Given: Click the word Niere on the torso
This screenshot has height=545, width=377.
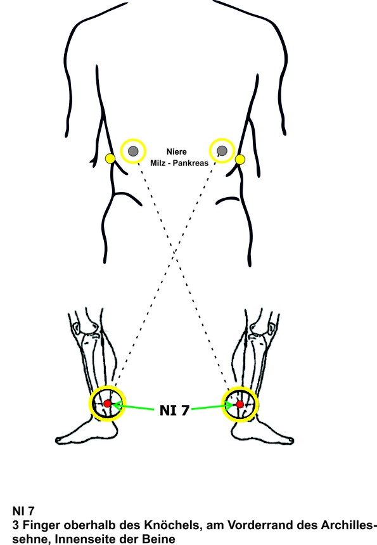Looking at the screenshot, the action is coord(177,152).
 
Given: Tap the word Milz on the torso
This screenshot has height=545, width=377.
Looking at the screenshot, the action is coord(157,163).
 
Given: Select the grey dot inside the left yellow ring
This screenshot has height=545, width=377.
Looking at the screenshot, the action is coord(133,151).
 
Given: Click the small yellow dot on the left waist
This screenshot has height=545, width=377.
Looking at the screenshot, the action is coord(110,159).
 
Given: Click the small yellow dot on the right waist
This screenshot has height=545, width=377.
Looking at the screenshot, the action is coord(240,160).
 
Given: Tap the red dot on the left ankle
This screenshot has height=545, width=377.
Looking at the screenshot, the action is coord(107,404).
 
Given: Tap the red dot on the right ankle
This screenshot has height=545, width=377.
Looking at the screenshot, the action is coord(240,404).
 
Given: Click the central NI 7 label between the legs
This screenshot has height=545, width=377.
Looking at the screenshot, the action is coord(174,411).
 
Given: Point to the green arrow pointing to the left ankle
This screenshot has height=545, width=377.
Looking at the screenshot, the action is coord(134,406).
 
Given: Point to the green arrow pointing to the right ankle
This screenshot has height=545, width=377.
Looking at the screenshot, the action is coord(212,406).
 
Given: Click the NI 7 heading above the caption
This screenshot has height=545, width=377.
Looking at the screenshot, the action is coord(23,511).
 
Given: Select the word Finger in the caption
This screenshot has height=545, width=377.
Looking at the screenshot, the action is coord(41,525).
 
